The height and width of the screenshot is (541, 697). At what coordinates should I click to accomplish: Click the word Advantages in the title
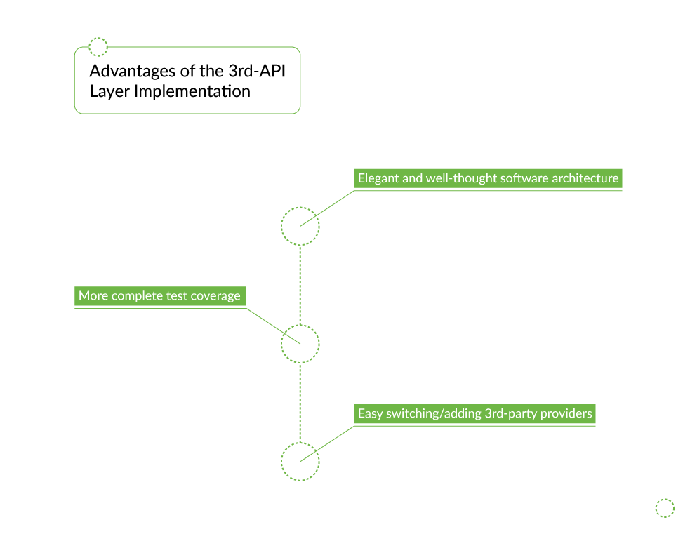pyautogui.click(x=133, y=72)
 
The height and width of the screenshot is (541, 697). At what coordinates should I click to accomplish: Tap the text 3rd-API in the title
pyautogui.click(x=257, y=71)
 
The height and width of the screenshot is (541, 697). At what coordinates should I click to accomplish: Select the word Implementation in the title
pyautogui.click(x=192, y=92)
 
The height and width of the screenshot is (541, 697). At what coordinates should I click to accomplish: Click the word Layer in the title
pyautogui.click(x=109, y=92)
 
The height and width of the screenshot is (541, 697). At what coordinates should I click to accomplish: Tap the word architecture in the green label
pyautogui.click(x=585, y=178)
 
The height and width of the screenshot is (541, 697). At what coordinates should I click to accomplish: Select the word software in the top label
pyautogui.click(x=524, y=178)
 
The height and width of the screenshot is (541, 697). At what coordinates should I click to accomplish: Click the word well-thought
pyautogui.click(x=461, y=179)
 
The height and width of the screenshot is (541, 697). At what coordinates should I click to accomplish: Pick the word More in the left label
pyautogui.click(x=93, y=295)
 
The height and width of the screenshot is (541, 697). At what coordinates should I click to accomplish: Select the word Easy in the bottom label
pyautogui.click(x=371, y=414)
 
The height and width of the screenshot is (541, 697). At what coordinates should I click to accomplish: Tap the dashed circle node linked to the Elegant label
pyautogui.click(x=300, y=208)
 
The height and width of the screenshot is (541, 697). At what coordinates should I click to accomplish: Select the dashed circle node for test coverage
pyautogui.click(x=300, y=326)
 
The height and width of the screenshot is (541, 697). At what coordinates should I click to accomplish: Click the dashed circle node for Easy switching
pyautogui.click(x=300, y=443)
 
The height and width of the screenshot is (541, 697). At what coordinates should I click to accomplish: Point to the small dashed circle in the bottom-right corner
pyautogui.click(x=665, y=499)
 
